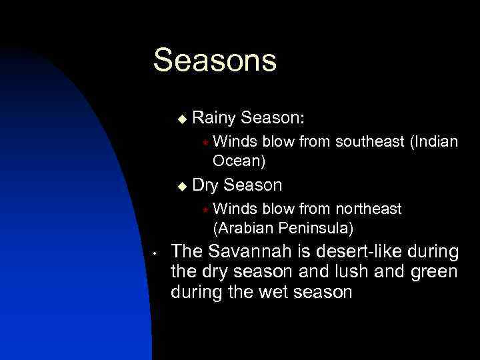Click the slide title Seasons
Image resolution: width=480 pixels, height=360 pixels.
214,60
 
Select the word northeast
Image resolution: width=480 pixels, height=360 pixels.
370,209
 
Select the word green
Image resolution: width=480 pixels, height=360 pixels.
434,272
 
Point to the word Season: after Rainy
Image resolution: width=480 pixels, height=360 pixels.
273,119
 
